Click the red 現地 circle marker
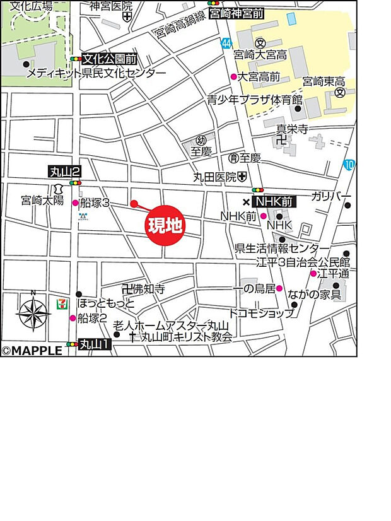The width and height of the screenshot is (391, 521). click(x=165, y=225)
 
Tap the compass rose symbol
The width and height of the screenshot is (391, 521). click(x=33, y=313)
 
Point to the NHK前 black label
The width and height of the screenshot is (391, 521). click(x=274, y=202)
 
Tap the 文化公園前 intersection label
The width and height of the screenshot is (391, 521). click(x=110, y=59)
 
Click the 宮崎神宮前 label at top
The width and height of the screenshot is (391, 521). click(x=236, y=13)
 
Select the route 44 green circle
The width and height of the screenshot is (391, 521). click(x=226, y=42)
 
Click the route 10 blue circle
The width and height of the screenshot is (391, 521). click(x=349, y=165)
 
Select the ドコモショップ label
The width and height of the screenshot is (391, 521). click(x=260, y=313)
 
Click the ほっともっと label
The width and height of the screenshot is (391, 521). click(x=106, y=304)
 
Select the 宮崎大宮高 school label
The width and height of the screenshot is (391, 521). click(x=260, y=56)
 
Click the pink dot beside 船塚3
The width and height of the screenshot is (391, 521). click(x=75, y=203)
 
